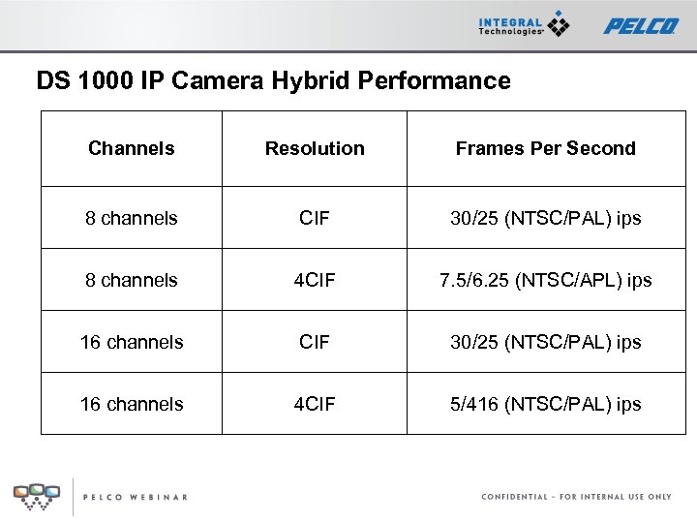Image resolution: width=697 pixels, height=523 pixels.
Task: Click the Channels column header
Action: coord(131,148)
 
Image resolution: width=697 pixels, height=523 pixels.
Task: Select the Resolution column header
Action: coord(315,148)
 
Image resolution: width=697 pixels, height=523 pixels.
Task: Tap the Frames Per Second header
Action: coord(545,148)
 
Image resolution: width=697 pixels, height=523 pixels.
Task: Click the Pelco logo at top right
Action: coord(641,25)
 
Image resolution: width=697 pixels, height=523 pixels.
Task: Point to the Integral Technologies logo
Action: coord(524,25)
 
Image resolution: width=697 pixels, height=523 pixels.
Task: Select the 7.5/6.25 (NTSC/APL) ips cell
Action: coord(545,280)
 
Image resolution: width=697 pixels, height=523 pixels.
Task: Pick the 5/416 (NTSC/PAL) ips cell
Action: coord(545,404)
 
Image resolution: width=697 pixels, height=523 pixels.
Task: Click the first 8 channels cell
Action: coord(131,218)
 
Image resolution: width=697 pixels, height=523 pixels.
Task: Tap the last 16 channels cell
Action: coord(131,404)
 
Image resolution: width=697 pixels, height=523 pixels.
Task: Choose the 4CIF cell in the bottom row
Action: coord(315,404)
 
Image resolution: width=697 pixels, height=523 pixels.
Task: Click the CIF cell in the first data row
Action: coord(315,218)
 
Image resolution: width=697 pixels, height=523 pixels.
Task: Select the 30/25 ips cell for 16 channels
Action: coord(545,342)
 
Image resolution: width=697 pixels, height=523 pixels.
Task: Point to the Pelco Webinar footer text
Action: coord(135,497)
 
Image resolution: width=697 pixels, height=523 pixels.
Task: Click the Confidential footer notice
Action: coord(576,497)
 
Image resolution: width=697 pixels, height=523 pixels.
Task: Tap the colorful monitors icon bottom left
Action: coord(36,495)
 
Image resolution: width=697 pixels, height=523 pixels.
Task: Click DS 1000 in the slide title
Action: coord(74,80)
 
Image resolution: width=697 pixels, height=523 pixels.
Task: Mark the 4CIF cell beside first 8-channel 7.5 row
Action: coord(315,280)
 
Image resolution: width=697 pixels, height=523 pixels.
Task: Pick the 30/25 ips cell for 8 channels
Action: coord(545,218)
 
